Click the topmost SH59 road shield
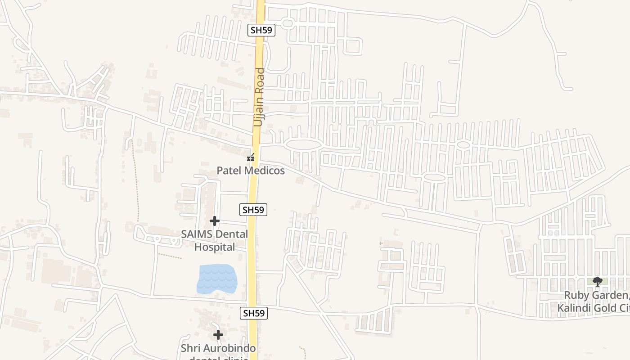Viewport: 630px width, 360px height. click(x=261, y=31)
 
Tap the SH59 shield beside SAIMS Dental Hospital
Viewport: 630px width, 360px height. click(x=254, y=209)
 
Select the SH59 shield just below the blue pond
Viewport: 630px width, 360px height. click(x=254, y=313)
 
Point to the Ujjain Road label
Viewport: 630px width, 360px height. click(x=259, y=97)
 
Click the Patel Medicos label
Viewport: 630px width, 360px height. click(x=251, y=171)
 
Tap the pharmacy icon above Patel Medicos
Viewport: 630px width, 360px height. click(x=251, y=158)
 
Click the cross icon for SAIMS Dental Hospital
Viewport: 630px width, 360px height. click(x=215, y=221)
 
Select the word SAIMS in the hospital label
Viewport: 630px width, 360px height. click(x=197, y=234)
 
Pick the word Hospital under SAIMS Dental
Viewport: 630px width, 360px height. click(x=215, y=247)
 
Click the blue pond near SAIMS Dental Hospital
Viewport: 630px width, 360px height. click(x=217, y=279)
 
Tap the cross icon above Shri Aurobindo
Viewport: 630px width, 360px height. click(x=218, y=335)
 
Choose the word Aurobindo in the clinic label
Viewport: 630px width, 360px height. click(x=230, y=348)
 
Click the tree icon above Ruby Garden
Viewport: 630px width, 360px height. click(x=598, y=282)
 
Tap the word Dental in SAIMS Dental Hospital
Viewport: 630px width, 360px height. click(x=231, y=234)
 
